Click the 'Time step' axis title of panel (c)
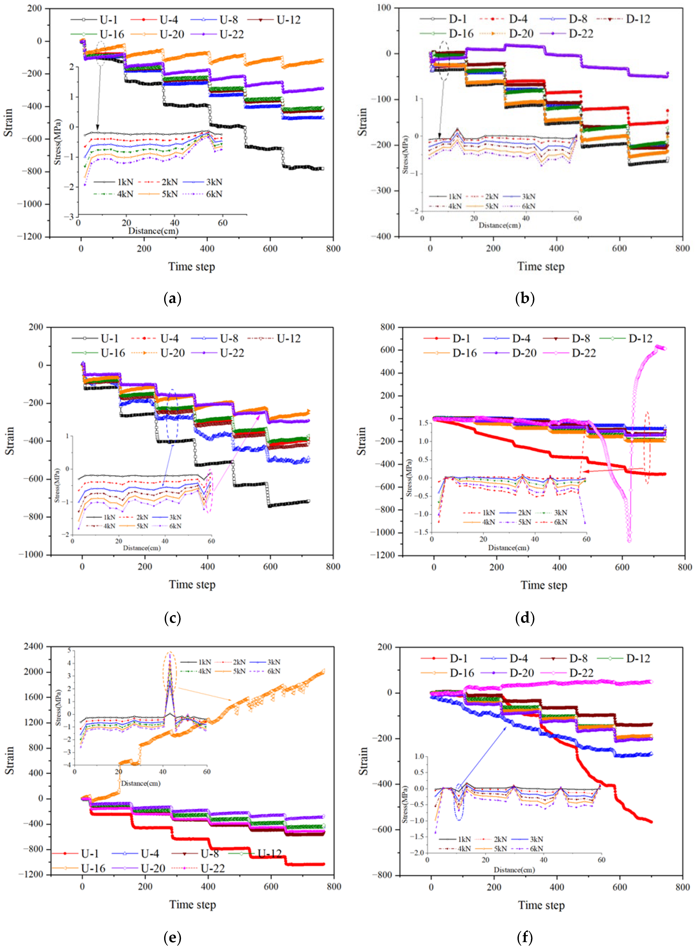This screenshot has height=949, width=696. point(192,584)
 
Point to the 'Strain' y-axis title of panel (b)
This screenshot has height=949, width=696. point(362,122)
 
